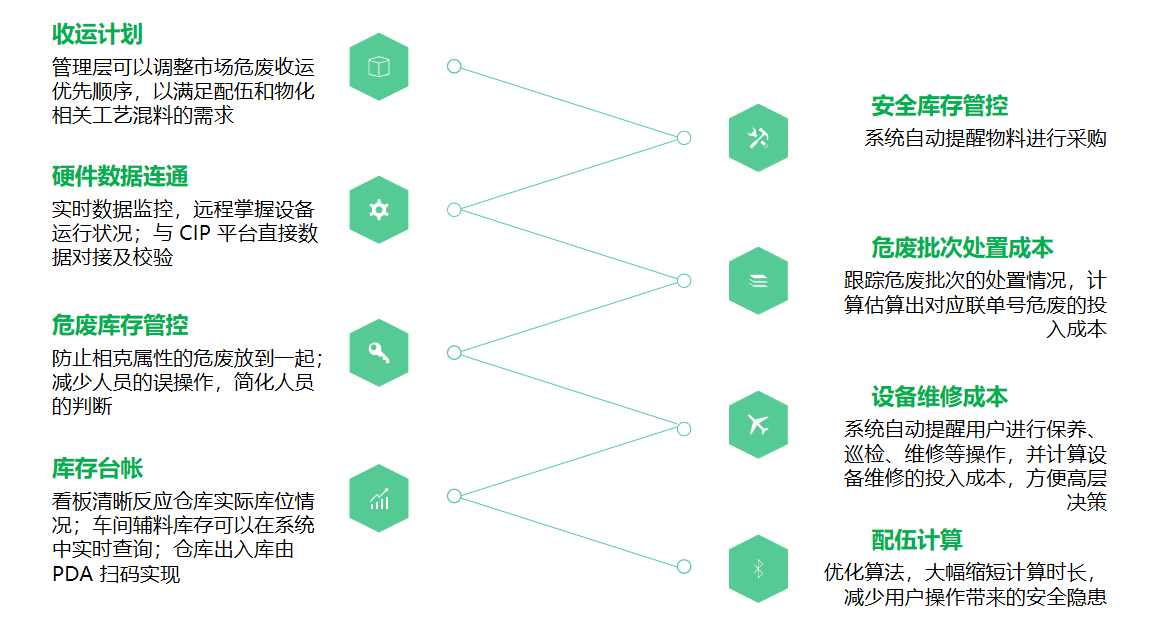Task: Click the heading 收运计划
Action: coord(97,34)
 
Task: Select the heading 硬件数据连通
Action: coord(120,177)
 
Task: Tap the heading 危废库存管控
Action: coord(120,325)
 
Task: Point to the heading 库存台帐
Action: coord(97,468)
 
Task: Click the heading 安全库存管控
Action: coord(939,105)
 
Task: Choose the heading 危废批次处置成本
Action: coord(962,248)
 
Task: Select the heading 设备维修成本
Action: coord(939,396)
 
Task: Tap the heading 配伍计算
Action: coord(917,540)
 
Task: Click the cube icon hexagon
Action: coord(379,67)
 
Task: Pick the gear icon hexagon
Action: coord(379,210)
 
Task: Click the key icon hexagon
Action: coord(379,353)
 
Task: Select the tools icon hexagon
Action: coord(758,138)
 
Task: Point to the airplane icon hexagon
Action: coord(758,425)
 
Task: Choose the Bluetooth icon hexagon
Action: coord(758,568)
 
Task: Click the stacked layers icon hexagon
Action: coord(758,281)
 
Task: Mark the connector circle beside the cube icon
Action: coord(454,67)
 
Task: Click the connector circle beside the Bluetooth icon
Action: coord(684,567)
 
